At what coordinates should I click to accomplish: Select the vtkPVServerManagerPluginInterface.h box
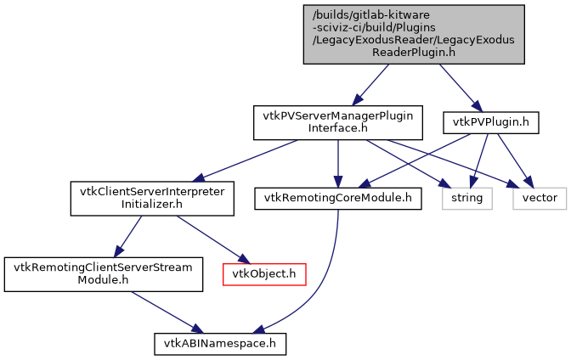[x=338, y=122]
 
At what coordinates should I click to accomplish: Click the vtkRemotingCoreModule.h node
[x=338, y=198]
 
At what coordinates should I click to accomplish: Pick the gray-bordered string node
[x=466, y=198]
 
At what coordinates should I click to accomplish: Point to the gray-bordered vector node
[x=540, y=198]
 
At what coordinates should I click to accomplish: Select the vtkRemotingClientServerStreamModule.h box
[x=104, y=273]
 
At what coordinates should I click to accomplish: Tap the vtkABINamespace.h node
[x=219, y=343]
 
